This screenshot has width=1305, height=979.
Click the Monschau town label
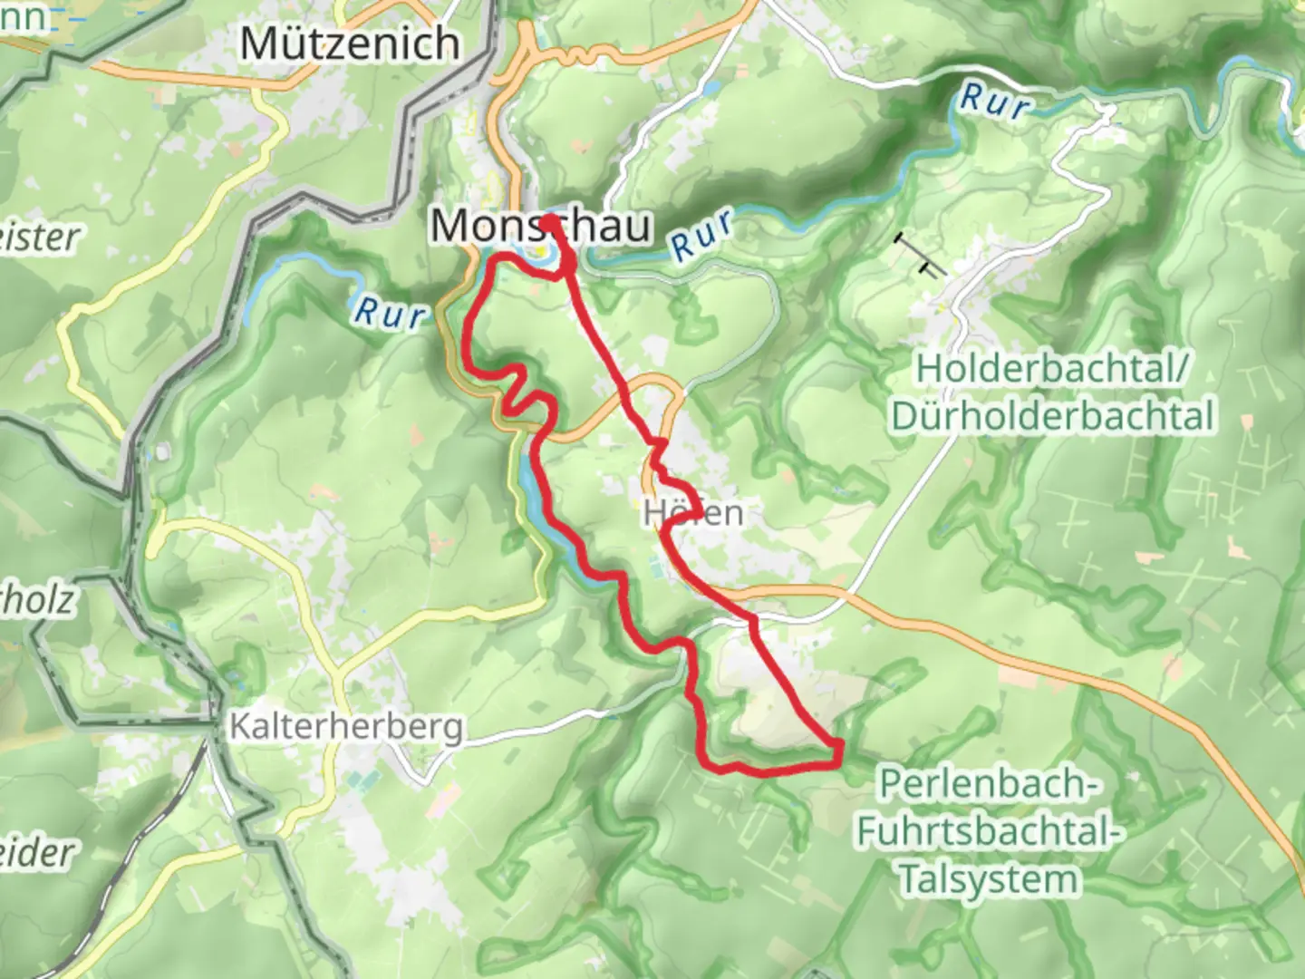tap(540, 225)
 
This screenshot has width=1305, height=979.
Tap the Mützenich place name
tap(349, 44)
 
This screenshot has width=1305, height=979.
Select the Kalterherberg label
tap(346, 727)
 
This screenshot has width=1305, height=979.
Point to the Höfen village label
tap(694, 513)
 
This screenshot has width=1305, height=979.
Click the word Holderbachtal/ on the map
tap(1051, 370)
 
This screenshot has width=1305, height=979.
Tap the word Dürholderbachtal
tap(1052, 416)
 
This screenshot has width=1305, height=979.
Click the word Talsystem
tap(988, 879)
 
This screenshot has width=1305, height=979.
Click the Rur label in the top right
tap(995, 101)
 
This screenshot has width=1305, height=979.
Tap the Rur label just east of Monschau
tap(701, 237)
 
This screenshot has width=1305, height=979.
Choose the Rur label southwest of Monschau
tap(390, 313)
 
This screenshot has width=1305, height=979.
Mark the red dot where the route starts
tap(549, 220)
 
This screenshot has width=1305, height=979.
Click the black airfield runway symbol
tap(919, 254)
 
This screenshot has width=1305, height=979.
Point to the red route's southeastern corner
tap(838, 749)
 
